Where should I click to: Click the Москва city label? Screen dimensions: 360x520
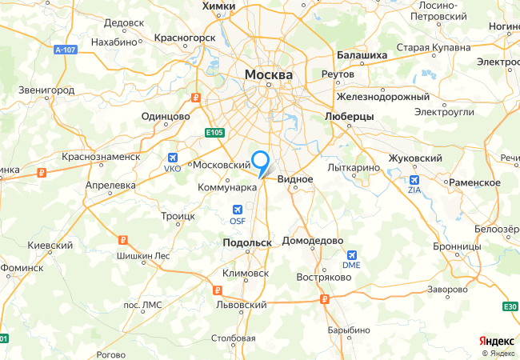(269, 74)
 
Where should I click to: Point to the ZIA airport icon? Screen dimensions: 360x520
(414, 181)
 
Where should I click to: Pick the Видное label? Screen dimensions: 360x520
(295, 180)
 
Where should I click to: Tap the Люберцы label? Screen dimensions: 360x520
(350, 116)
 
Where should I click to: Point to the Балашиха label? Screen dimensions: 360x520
(362, 55)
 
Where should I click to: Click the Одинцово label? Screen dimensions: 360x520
(165, 116)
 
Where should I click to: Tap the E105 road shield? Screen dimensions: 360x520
(212, 132)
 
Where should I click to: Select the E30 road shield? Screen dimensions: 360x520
(511, 306)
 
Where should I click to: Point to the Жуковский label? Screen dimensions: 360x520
(415, 158)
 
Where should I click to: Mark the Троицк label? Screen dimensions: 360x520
(178, 216)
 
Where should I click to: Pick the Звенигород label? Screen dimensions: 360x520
(46, 91)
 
